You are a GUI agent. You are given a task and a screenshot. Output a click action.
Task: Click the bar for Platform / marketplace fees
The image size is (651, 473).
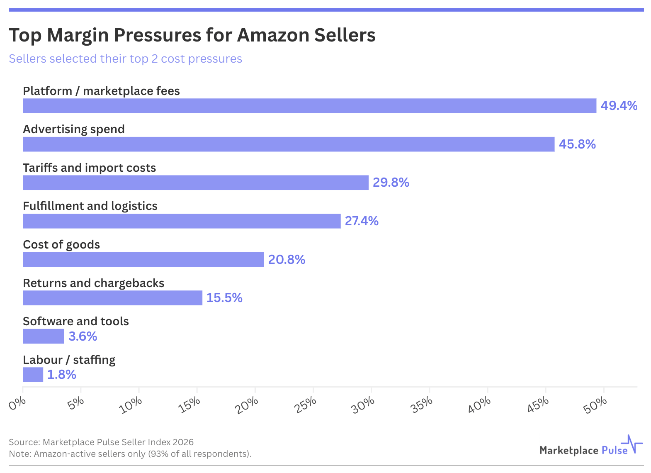pyautogui.click(x=309, y=106)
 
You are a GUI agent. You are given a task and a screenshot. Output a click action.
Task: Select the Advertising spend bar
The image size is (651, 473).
pyautogui.click(x=289, y=144)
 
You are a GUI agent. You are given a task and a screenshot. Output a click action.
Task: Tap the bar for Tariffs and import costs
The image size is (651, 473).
pyautogui.click(x=196, y=183)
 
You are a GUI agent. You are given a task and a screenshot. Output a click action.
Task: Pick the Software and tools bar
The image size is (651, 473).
pyautogui.click(x=44, y=336)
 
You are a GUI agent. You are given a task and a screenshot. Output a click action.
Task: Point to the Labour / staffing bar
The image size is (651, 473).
pyautogui.click(x=33, y=375)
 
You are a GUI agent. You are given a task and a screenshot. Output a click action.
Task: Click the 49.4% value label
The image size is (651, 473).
pyautogui.click(x=619, y=106)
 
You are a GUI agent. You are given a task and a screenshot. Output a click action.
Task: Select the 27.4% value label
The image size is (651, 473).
pyautogui.click(x=362, y=221)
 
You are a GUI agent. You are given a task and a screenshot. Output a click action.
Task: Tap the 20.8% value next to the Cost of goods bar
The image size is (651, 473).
pyautogui.click(x=287, y=260)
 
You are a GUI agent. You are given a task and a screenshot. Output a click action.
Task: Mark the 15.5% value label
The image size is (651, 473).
pyautogui.click(x=224, y=298)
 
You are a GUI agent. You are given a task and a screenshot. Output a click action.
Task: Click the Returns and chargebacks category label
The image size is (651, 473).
pyautogui.click(x=94, y=283)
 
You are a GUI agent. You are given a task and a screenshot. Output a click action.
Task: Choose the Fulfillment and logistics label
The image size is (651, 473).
pyautogui.click(x=90, y=206)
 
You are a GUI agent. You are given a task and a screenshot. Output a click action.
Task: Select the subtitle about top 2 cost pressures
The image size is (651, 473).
pyautogui.click(x=125, y=59)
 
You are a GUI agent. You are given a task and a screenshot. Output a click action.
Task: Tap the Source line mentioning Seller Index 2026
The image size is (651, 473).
pyautogui.click(x=101, y=442)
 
